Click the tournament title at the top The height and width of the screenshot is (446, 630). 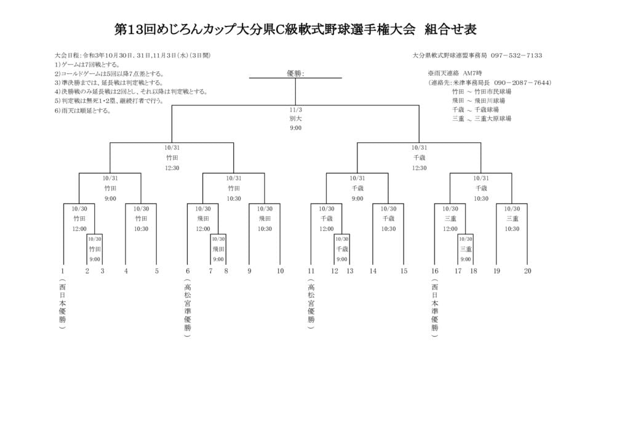click(x=295, y=30)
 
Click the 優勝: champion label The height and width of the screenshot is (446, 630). click(x=295, y=73)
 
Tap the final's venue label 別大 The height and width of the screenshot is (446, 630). click(x=295, y=118)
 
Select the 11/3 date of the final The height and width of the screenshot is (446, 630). click(x=295, y=110)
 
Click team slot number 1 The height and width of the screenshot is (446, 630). click(x=63, y=270)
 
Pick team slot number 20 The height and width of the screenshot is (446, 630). click(x=527, y=270)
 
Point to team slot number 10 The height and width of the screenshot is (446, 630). click(x=280, y=270)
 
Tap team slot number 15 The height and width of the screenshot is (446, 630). click(x=404, y=270)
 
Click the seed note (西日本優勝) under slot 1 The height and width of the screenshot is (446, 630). click(x=63, y=305)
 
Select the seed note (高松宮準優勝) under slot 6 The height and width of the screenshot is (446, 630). click(x=187, y=308)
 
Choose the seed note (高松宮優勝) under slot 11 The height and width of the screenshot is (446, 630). click(x=311, y=305)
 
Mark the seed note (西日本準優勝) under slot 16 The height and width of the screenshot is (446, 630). click(x=435, y=308)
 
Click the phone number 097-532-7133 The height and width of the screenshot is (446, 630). click(x=516, y=55)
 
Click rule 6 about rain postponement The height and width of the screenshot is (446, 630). click(x=83, y=110)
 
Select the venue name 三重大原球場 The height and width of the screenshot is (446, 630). click(x=492, y=118)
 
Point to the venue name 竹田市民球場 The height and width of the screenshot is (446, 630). click(x=492, y=92)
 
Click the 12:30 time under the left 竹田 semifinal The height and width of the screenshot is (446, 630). click(x=172, y=168)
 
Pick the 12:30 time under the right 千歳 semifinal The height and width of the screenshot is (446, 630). click(x=419, y=168)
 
